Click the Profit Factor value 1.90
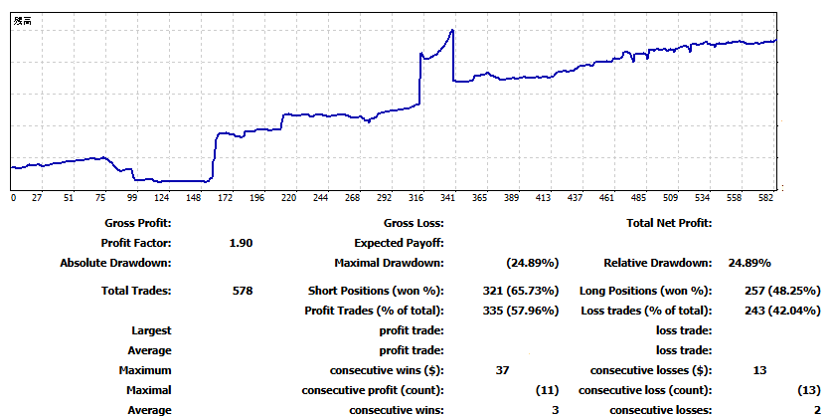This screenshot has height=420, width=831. click(241, 243)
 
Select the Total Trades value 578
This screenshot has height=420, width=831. click(241, 291)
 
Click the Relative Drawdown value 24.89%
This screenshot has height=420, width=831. click(749, 263)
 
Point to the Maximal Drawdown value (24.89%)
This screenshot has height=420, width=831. click(532, 263)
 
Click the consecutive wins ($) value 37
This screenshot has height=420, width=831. click(502, 370)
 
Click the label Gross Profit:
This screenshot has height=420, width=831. click(137, 223)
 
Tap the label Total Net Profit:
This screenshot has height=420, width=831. click(669, 223)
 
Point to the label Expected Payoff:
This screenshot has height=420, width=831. click(399, 243)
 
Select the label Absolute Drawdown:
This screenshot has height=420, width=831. click(116, 263)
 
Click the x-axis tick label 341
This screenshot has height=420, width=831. click(448, 198)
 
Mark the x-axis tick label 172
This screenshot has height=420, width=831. click(226, 198)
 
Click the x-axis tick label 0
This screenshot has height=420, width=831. click(13, 198)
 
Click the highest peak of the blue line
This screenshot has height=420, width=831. click(452, 30)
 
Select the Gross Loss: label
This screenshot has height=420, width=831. click(413, 223)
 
